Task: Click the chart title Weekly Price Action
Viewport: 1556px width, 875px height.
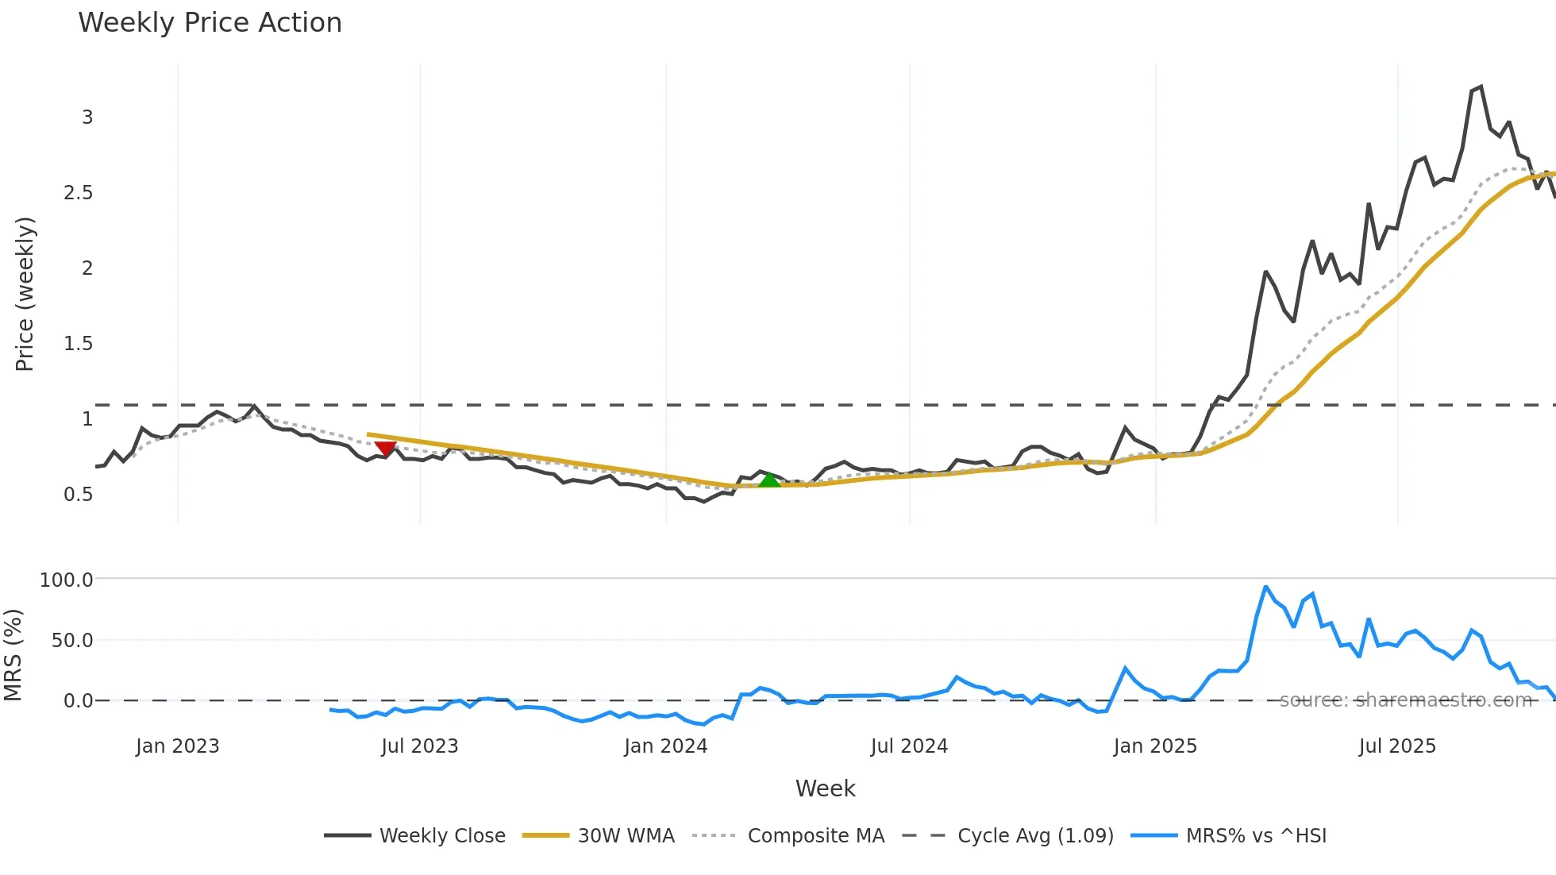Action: coord(210,23)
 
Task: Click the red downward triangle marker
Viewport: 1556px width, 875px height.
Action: coord(385,449)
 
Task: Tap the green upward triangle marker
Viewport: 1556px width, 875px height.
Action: coord(768,480)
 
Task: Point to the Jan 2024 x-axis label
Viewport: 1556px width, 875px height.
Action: coord(665,746)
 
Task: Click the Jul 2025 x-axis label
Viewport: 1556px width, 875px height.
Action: coord(1397,746)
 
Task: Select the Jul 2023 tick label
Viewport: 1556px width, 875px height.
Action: coord(419,746)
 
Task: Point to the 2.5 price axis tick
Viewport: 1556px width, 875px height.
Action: coord(78,193)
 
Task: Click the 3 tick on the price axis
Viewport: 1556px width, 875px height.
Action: coord(87,118)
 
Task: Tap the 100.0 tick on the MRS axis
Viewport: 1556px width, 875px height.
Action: coord(67,580)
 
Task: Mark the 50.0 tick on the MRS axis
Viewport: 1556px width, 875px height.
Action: coord(72,640)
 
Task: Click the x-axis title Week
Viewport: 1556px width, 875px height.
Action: coord(825,788)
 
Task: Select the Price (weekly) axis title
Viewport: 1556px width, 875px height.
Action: coord(25,294)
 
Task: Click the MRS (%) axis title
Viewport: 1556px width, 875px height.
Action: coord(13,655)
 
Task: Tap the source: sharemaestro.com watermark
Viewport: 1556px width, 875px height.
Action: coord(1405,700)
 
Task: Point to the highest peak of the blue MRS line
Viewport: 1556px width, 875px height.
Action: coord(1265,587)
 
